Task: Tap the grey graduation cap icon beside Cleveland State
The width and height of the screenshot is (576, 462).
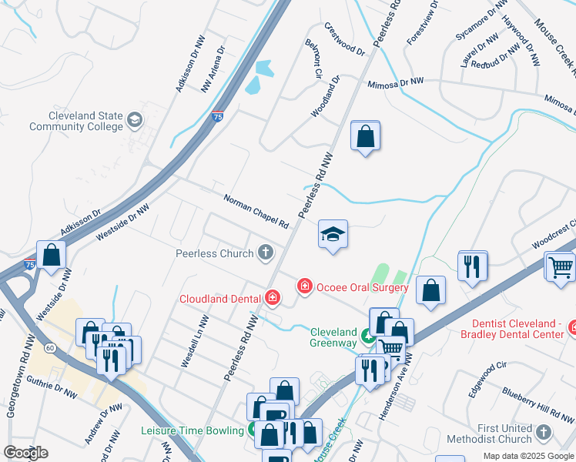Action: (135, 119)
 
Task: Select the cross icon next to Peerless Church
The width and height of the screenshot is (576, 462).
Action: (266, 252)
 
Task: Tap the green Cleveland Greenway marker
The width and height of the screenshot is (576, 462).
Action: (369, 336)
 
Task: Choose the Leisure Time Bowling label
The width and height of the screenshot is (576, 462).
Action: (193, 430)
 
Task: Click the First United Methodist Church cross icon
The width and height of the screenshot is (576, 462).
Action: (544, 433)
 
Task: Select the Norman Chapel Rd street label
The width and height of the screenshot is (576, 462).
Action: (256, 212)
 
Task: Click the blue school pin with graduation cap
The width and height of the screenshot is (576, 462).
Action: (333, 234)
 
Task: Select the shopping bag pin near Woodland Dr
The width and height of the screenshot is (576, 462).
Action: (365, 137)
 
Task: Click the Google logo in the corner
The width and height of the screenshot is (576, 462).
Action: (25, 452)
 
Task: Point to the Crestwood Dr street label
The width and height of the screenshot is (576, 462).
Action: (343, 38)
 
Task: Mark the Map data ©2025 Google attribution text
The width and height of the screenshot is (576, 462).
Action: (528, 455)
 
